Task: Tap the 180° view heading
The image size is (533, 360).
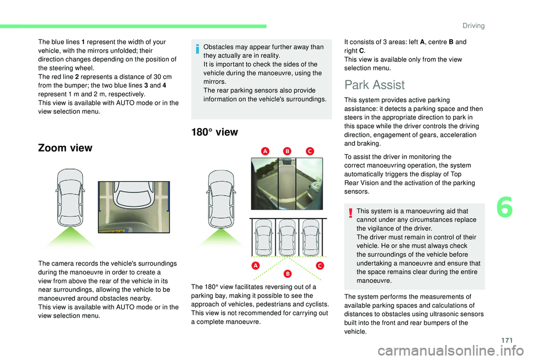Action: click(214, 132)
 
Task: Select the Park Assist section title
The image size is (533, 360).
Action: click(374, 85)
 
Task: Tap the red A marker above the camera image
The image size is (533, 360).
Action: click(265, 151)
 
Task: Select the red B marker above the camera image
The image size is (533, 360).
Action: click(287, 151)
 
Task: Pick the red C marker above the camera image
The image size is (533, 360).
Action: click(309, 151)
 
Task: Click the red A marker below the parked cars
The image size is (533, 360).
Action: click(257, 266)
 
